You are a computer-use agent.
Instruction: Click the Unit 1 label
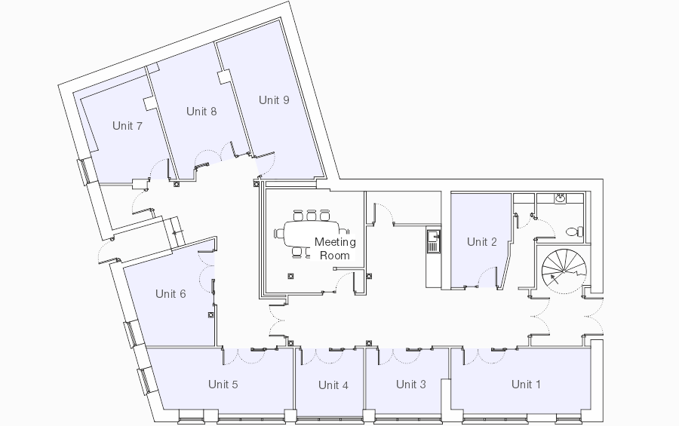point(526,384)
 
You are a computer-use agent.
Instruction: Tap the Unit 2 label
point(481,241)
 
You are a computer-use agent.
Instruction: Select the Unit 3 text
point(411,384)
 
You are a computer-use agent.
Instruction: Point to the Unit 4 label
point(333,385)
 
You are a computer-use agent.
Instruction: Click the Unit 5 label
point(223,384)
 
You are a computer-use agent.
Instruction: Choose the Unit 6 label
point(171,293)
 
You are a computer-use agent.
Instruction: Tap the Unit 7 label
point(128,126)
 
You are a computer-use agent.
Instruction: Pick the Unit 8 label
point(201,112)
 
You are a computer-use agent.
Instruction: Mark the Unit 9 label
point(274,100)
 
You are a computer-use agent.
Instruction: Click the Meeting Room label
point(335,249)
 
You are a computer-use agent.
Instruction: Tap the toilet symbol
point(574,231)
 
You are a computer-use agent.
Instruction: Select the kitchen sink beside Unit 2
point(433,241)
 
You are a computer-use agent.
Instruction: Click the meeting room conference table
point(312,234)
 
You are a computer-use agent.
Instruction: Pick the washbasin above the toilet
point(561,198)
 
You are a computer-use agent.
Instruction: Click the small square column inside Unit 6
point(211,314)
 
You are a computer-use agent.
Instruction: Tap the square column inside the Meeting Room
point(290,276)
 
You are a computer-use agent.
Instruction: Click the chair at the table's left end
point(278,234)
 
